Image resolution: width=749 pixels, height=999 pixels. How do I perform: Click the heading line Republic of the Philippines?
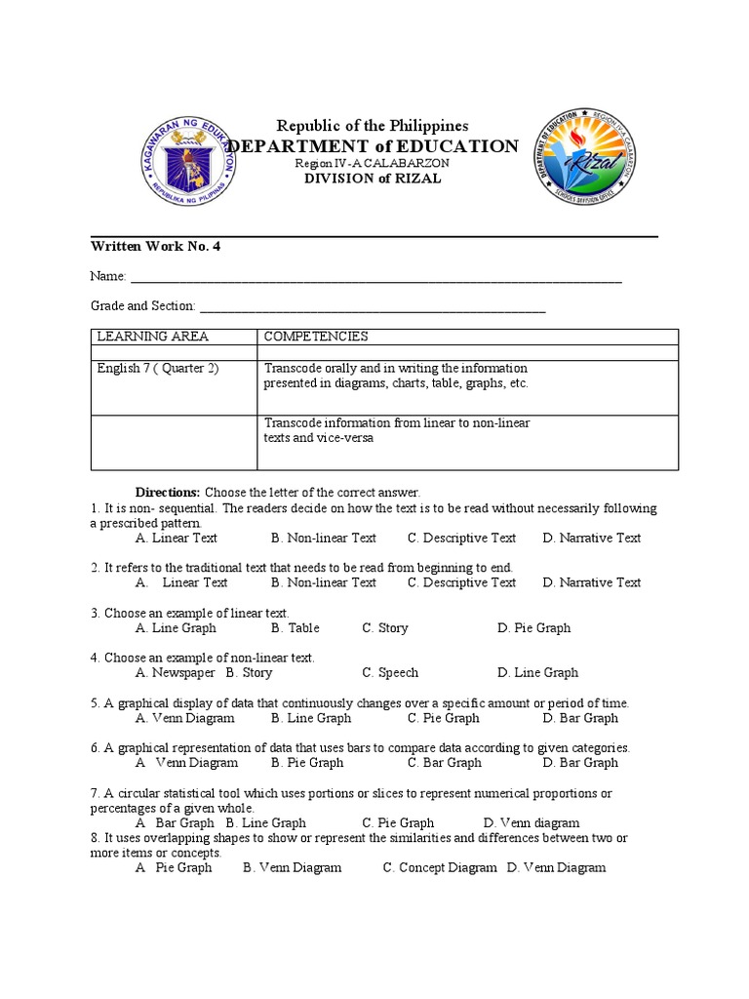click(x=373, y=126)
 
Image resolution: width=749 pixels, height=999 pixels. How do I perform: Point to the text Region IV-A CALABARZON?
click(x=373, y=164)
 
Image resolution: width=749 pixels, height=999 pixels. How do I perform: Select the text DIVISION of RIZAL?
click(x=373, y=179)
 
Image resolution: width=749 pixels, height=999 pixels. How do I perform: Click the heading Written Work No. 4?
click(x=155, y=247)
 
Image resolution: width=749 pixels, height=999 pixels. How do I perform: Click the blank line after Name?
click(x=375, y=279)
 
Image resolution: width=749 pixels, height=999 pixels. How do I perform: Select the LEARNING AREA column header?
click(x=152, y=337)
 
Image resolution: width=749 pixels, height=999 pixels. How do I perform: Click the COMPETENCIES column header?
click(x=316, y=337)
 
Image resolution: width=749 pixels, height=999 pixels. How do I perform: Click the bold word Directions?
click(x=167, y=494)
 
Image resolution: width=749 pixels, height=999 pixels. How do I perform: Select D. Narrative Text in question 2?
click(x=592, y=582)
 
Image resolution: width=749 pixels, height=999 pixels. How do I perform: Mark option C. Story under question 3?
click(x=385, y=628)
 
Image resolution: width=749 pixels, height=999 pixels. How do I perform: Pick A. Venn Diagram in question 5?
click(x=185, y=718)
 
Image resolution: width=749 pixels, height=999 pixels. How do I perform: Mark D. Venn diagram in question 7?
click(x=532, y=823)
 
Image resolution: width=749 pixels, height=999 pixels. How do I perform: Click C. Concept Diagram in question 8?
click(x=440, y=868)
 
